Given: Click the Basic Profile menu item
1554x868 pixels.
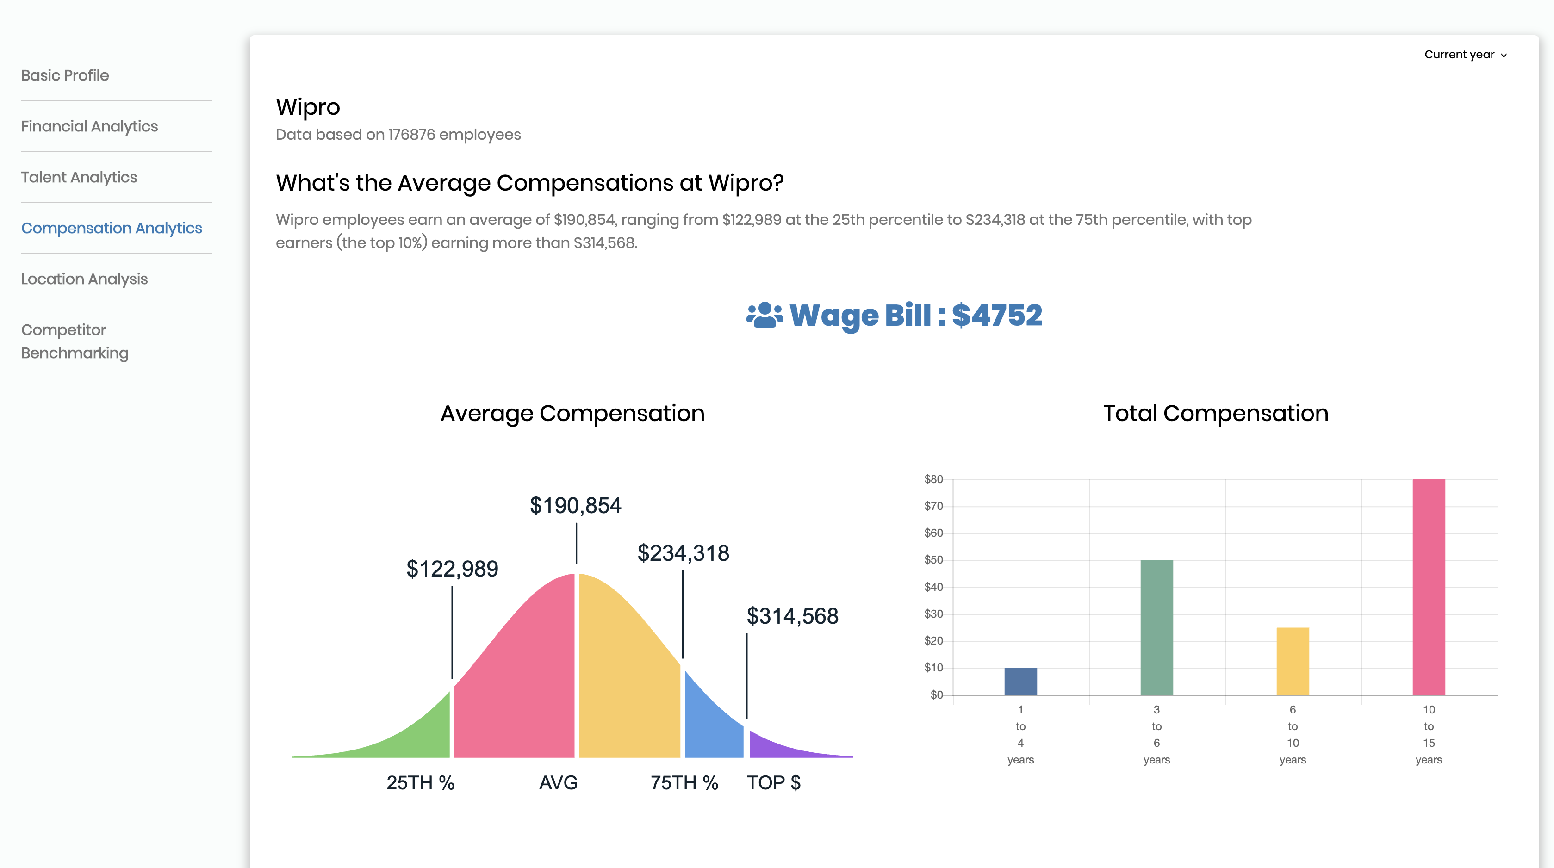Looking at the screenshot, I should [x=65, y=75].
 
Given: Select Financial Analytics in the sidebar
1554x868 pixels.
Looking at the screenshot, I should [x=89, y=126].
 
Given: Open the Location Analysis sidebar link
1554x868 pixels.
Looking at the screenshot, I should [x=84, y=279].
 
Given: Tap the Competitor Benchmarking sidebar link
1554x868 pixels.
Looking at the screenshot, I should [x=75, y=341].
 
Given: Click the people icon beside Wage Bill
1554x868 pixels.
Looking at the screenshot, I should [x=765, y=315].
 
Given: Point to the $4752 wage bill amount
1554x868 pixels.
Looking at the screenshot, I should [x=997, y=315].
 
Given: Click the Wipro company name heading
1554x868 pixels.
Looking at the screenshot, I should [x=308, y=107].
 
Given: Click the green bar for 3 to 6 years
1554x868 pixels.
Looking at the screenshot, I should [x=1156, y=627].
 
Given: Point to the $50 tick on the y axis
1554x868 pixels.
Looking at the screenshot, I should [x=933, y=560].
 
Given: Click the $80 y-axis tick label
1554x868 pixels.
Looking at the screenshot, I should [x=933, y=479].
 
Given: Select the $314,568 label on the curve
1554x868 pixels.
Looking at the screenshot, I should [x=792, y=616].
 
